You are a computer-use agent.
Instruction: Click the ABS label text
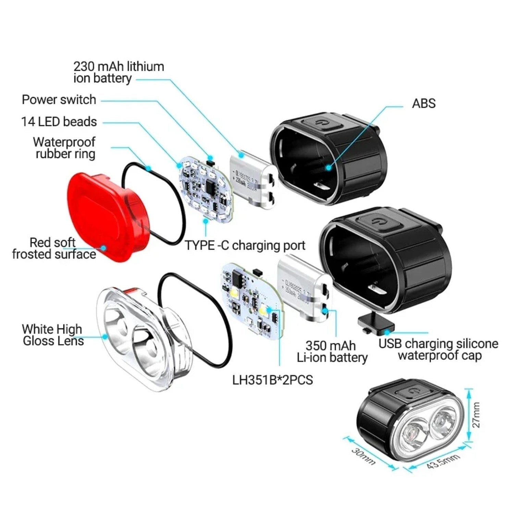tap(424, 103)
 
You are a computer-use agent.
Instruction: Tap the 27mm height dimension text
tap(476, 415)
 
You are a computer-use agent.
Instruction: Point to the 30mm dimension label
tap(363, 456)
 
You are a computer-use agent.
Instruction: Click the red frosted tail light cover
tap(106, 216)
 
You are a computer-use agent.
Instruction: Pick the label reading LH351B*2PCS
tap(272, 380)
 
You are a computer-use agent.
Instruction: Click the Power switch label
tap(59, 100)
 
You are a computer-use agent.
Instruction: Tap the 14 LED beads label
tap(59, 122)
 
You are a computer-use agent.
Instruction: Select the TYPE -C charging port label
tap(245, 245)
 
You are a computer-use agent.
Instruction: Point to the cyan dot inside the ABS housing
tap(329, 168)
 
